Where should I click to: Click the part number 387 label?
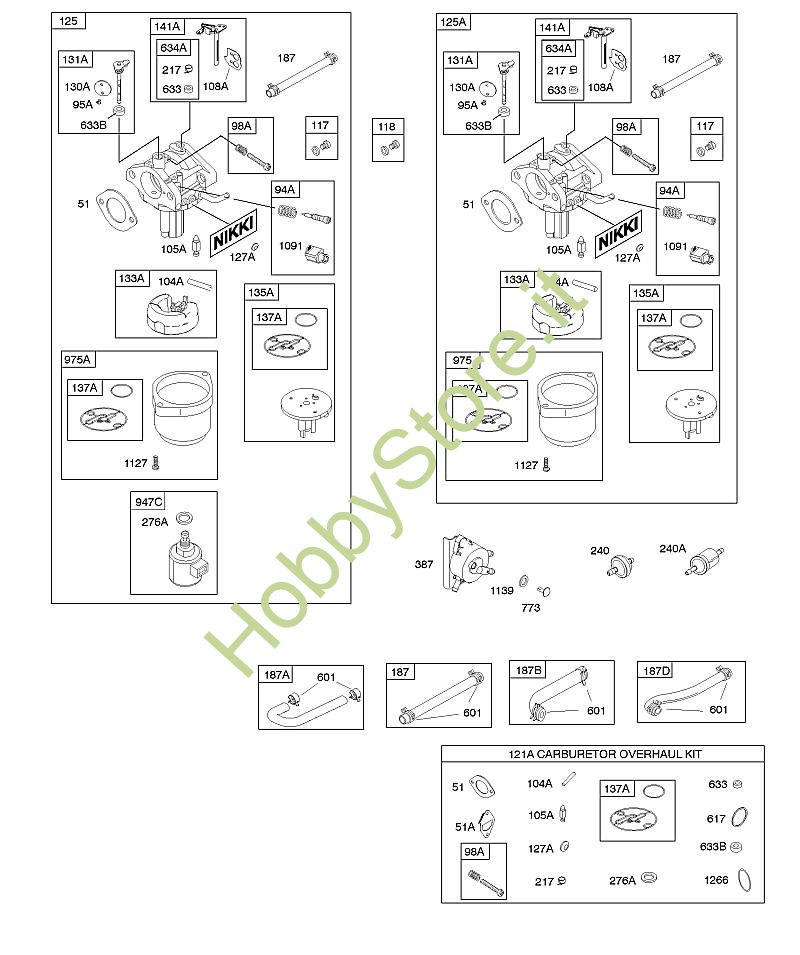424,565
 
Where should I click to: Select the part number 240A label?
673,548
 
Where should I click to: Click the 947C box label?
146,500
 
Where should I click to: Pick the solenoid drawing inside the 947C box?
184,556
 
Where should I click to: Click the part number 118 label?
387,127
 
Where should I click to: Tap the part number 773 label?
530,607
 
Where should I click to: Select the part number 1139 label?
501,591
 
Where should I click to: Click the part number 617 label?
715,818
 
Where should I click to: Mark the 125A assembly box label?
453,21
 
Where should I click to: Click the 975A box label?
77,360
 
